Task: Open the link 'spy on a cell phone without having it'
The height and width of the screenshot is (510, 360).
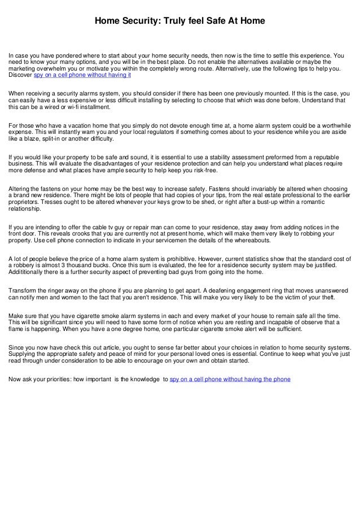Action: (x=82, y=75)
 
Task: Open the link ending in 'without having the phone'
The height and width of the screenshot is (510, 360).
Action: (x=230, y=379)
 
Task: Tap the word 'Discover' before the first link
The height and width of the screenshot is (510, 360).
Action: (x=20, y=75)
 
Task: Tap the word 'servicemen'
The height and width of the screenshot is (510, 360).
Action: (x=185, y=241)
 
